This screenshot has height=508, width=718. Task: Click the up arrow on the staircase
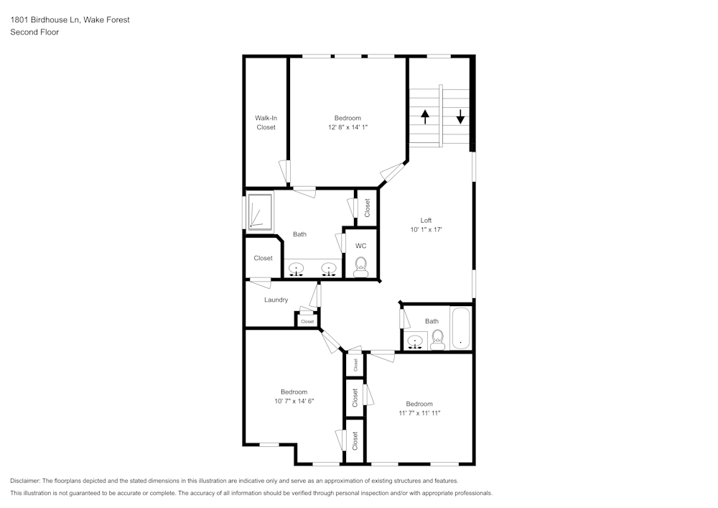pyautogui.click(x=425, y=116)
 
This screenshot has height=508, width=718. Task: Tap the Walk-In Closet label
pyautogui.click(x=266, y=123)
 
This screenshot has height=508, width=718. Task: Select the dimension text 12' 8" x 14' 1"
pyautogui.click(x=348, y=127)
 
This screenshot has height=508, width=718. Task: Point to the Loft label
pyautogui.click(x=426, y=221)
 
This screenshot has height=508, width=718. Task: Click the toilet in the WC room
pyautogui.click(x=360, y=267)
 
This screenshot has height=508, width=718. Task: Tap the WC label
pyautogui.click(x=360, y=246)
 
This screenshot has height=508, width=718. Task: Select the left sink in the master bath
pyautogui.click(x=297, y=269)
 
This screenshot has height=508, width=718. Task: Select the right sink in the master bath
pyautogui.click(x=329, y=269)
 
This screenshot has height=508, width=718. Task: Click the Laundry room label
pyautogui.click(x=276, y=300)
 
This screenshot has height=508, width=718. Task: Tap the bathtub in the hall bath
pyautogui.click(x=460, y=328)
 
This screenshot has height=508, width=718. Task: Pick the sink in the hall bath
pyautogui.click(x=414, y=340)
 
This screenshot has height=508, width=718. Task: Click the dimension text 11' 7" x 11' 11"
pyautogui.click(x=419, y=413)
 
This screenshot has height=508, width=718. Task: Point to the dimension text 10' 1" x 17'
pyautogui.click(x=426, y=230)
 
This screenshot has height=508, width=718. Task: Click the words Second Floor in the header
pyautogui.click(x=34, y=32)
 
